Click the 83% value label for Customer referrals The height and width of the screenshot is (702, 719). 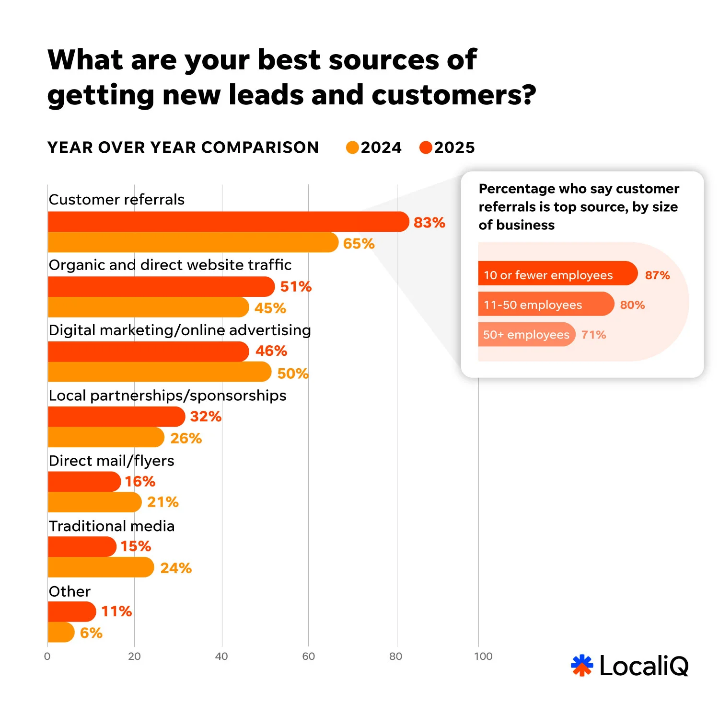tap(429, 223)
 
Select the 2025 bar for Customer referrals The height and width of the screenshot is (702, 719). tap(228, 222)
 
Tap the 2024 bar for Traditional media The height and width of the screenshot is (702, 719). tap(101, 567)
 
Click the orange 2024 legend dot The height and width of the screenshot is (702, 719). tap(352, 147)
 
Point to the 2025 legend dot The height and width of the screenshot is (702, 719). tap(426, 147)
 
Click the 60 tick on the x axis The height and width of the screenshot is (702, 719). tap(308, 657)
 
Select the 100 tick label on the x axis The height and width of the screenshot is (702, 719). tap(483, 657)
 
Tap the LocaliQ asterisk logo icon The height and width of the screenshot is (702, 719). tap(582, 665)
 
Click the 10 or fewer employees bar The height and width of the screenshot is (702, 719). tap(557, 273)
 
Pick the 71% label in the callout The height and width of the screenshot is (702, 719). tap(593, 335)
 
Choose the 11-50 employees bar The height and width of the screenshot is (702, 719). tap(545, 304)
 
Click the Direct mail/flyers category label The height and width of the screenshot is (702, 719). tap(112, 461)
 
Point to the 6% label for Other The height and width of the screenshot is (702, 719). tap(91, 633)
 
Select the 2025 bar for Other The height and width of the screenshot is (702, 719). tap(72, 611)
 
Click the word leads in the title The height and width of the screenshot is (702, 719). tap(267, 95)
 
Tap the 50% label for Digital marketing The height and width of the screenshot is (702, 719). tap(292, 374)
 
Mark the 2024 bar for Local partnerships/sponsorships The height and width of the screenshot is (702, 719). tap(105, 437)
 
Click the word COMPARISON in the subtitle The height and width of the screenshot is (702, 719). tap(260, 147)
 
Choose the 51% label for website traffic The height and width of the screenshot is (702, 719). tap(296, 287)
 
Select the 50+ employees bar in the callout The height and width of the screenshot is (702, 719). tap(526, 335)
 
